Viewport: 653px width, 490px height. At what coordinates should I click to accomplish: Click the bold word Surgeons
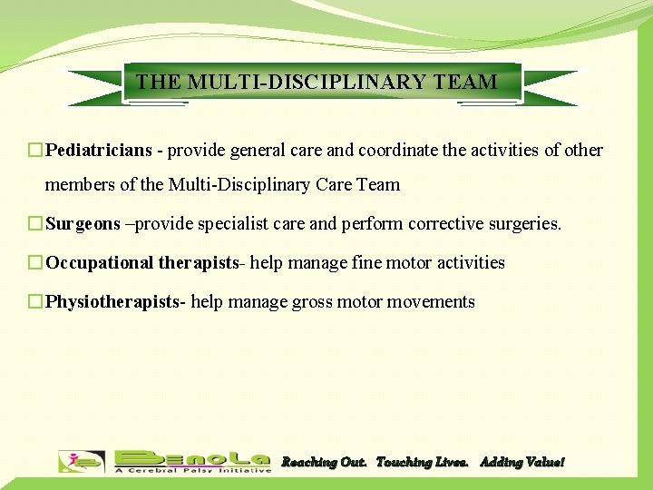(83, 223)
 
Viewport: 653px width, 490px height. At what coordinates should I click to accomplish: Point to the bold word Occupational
(100, 262)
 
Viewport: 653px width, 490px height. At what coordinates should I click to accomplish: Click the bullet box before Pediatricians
(35, 150)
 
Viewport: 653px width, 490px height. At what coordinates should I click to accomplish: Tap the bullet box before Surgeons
(35, 223)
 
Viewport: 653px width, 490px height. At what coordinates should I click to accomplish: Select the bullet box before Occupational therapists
(35, 262)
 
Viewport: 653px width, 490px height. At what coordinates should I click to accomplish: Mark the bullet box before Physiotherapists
(35, 301)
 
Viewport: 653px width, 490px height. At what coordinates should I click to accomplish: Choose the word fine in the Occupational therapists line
(365, 262)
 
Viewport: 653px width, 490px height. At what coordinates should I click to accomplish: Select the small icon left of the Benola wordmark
(82, 461)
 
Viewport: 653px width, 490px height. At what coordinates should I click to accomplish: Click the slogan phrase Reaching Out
(324, 462)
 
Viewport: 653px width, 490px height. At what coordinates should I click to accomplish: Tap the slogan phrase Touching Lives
(423, 462)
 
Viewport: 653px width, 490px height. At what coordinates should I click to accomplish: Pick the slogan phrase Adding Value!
(521, 462)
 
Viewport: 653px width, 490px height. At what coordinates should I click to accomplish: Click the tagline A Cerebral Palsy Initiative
(192, 470)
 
